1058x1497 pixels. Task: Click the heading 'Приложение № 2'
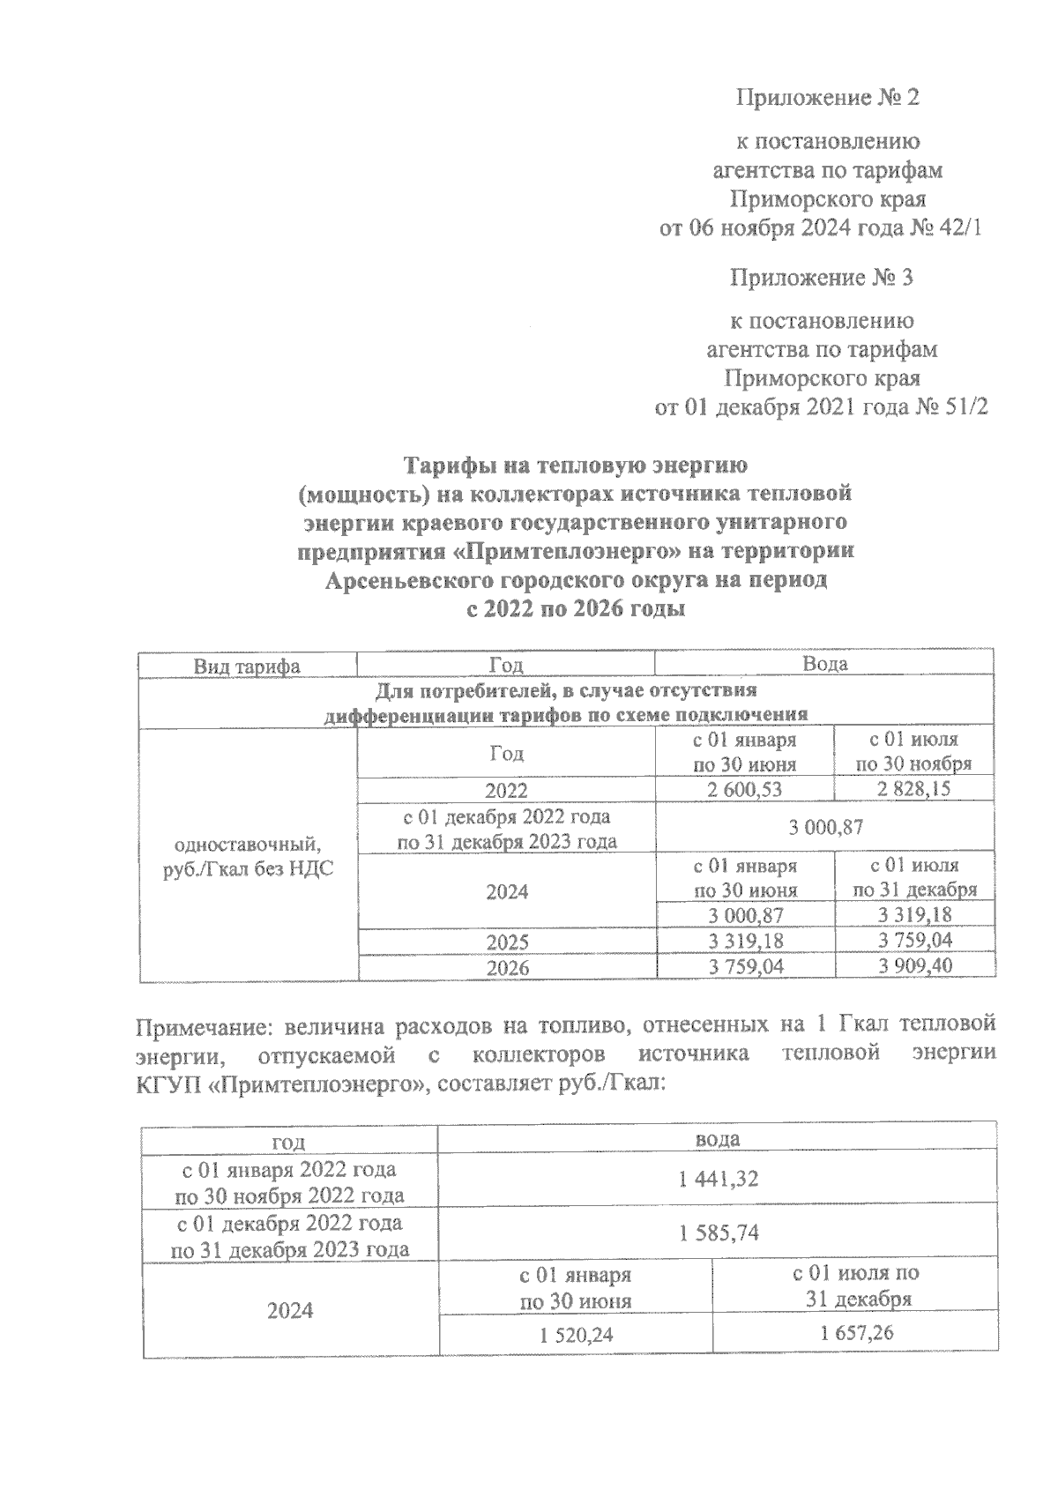pyautogui.click(x=827, y=98)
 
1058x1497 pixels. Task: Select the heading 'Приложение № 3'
pyautogui.click(x=821, y=279)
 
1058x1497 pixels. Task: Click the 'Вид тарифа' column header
pyautogui.click(x=247, y=666)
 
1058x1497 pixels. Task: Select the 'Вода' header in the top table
pyautogui.click(x=824, y=664)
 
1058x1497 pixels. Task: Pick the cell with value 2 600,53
pyautogui.click(x=744, y=789)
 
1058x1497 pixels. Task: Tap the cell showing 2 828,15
pyautogui.click(x=913, y=788)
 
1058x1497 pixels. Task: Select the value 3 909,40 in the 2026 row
pyautogui.click(x=914, y=966)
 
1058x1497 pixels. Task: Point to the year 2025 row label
pyautogui.click(x=507, y=941)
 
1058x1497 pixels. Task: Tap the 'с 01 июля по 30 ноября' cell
pyautogui.click(x=913, y=752)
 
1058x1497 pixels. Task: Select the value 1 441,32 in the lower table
pyautogui.click(x=718, y=1180)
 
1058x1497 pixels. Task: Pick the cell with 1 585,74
pyautogui.click(x=718, y=1234)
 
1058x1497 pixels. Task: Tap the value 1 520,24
pyautogui.click(x=575, y=1336)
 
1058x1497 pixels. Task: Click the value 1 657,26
pyautogui.click(x=855, y=1333)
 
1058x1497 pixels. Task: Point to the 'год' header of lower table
pyautogui.click(x=288, y=1142)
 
